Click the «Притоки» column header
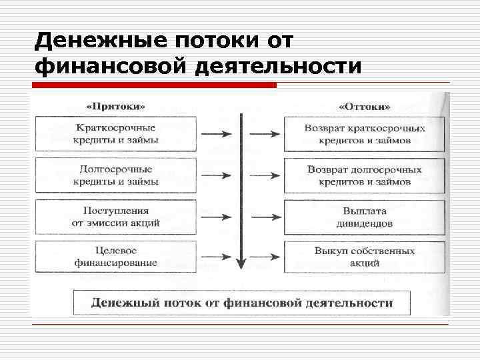pyautogui.click(x=117, y=107)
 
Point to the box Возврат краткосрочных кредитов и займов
pyautogui.click(x=364, y=133)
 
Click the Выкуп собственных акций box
pyautogui.click(x=364, y=257)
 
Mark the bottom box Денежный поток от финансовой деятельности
pyautogui.click(x=241, y=302)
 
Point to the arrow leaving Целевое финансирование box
pyautogui.click(x=215, y=257)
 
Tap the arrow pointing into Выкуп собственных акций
pyautogui.click(x=267, y=257)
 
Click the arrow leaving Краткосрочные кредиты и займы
pyautogui.click(x=215, y=133)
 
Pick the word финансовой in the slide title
pyautogui.click(x=110, y=67)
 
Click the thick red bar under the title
pyautogui.click(x=153, y=85)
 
